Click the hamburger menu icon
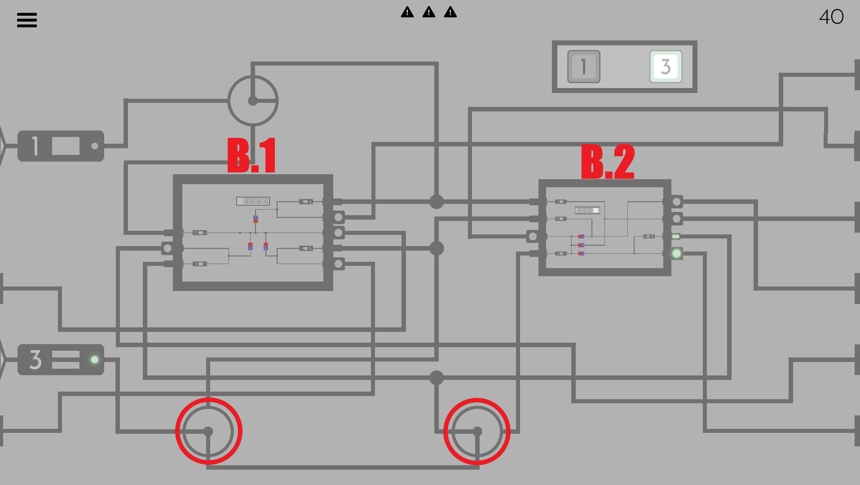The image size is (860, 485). click(27, 20)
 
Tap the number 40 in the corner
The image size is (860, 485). click(831, 17)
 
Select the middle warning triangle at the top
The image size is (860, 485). click(429, 12)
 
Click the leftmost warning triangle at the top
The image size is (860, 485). click(407, 12)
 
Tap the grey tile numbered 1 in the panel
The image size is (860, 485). click(583, 66)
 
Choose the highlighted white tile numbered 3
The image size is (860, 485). click(666, 66)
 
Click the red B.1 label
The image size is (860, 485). click(251, 155)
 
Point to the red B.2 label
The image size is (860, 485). click(608, 162)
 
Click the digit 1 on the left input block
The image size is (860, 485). click(35, 146)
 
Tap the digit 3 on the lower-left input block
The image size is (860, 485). click(35, 360)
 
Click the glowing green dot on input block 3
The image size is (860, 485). click(94, 359)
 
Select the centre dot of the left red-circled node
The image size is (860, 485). click(208, 432)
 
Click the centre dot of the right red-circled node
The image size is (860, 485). click(477, 432)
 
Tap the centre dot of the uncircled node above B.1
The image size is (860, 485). click(253, 101)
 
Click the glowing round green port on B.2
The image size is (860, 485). click(676, 254)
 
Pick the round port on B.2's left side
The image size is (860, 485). click(533, 236)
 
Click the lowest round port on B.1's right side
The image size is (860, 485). click(339, 264)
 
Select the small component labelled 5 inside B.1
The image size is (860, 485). click(306, 248)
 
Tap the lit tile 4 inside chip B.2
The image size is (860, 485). click(595, 210)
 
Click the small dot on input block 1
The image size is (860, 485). click(94, 146)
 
